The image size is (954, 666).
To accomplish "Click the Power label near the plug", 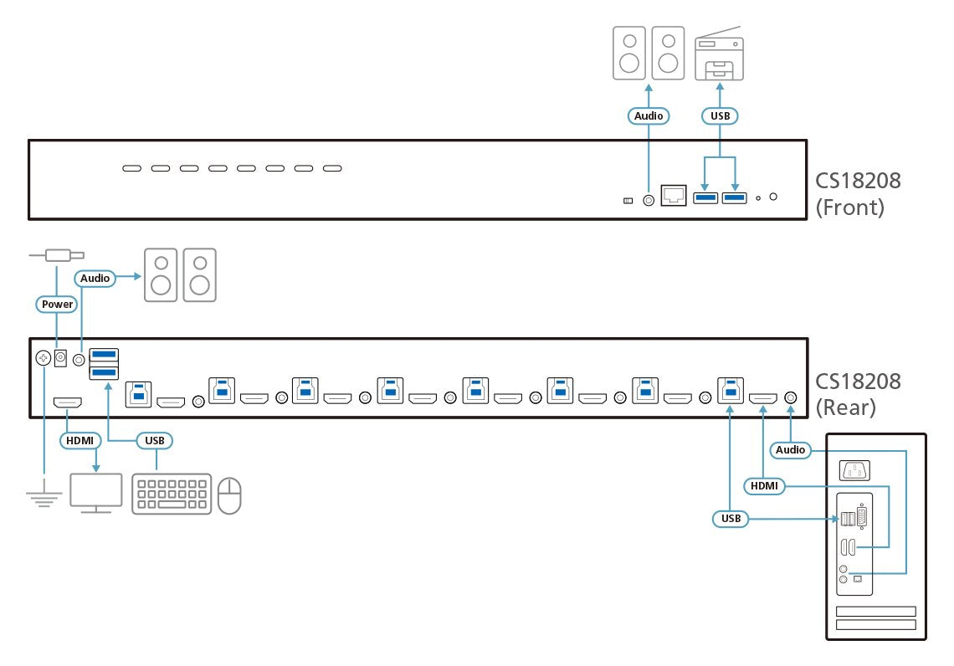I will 58,305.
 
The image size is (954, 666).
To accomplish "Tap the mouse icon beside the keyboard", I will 229,495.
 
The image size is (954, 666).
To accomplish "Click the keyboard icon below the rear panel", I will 172,494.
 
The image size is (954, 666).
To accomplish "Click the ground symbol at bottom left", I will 44,497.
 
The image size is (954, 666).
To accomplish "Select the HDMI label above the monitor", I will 80,439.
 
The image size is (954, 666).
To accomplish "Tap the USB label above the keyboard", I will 154,439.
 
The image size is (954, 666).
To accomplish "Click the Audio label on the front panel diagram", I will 649,116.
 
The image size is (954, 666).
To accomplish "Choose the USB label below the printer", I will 719,116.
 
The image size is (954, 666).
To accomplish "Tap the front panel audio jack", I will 649,200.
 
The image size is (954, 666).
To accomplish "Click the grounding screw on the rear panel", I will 44,358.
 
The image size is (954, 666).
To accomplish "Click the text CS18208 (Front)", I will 859,193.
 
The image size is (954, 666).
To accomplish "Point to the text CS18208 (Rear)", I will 859,393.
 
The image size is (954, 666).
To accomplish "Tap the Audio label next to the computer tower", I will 790,450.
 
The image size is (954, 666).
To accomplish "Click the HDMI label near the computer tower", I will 762,485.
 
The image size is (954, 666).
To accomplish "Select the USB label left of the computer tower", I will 731,519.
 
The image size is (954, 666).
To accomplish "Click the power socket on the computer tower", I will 852,470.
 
